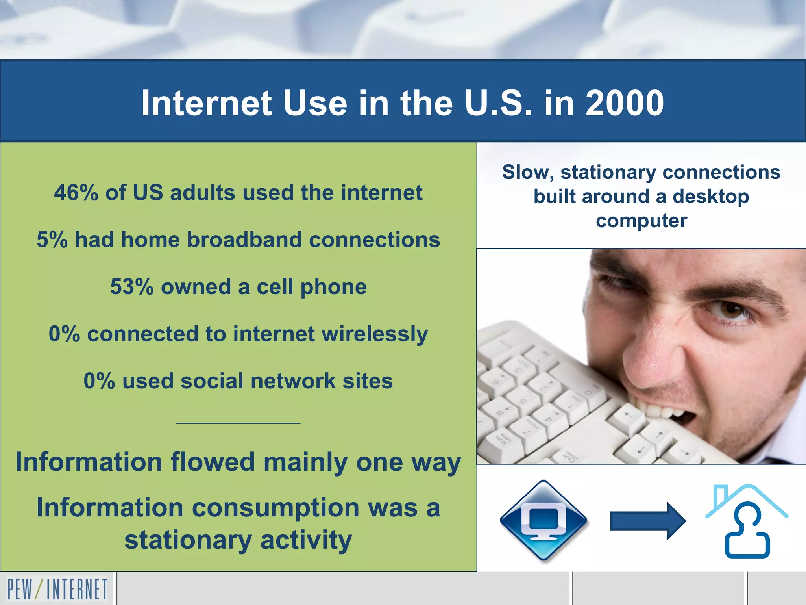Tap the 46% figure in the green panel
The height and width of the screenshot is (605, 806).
[x=76, y=193]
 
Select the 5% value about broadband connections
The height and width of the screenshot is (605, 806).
[x=52, y=239]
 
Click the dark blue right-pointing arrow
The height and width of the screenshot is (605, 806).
[x=647, y=521]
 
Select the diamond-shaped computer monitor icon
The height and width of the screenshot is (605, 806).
[x=543, y=520]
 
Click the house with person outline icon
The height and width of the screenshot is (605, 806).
[x=747, y=521]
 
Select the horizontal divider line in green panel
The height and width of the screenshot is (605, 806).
[x=238, y=423]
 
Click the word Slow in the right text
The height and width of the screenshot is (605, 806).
[x=527, y=173]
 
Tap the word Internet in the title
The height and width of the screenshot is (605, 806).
[x=206, y=103]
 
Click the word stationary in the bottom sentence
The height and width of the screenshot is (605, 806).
[x=188, y=540]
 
